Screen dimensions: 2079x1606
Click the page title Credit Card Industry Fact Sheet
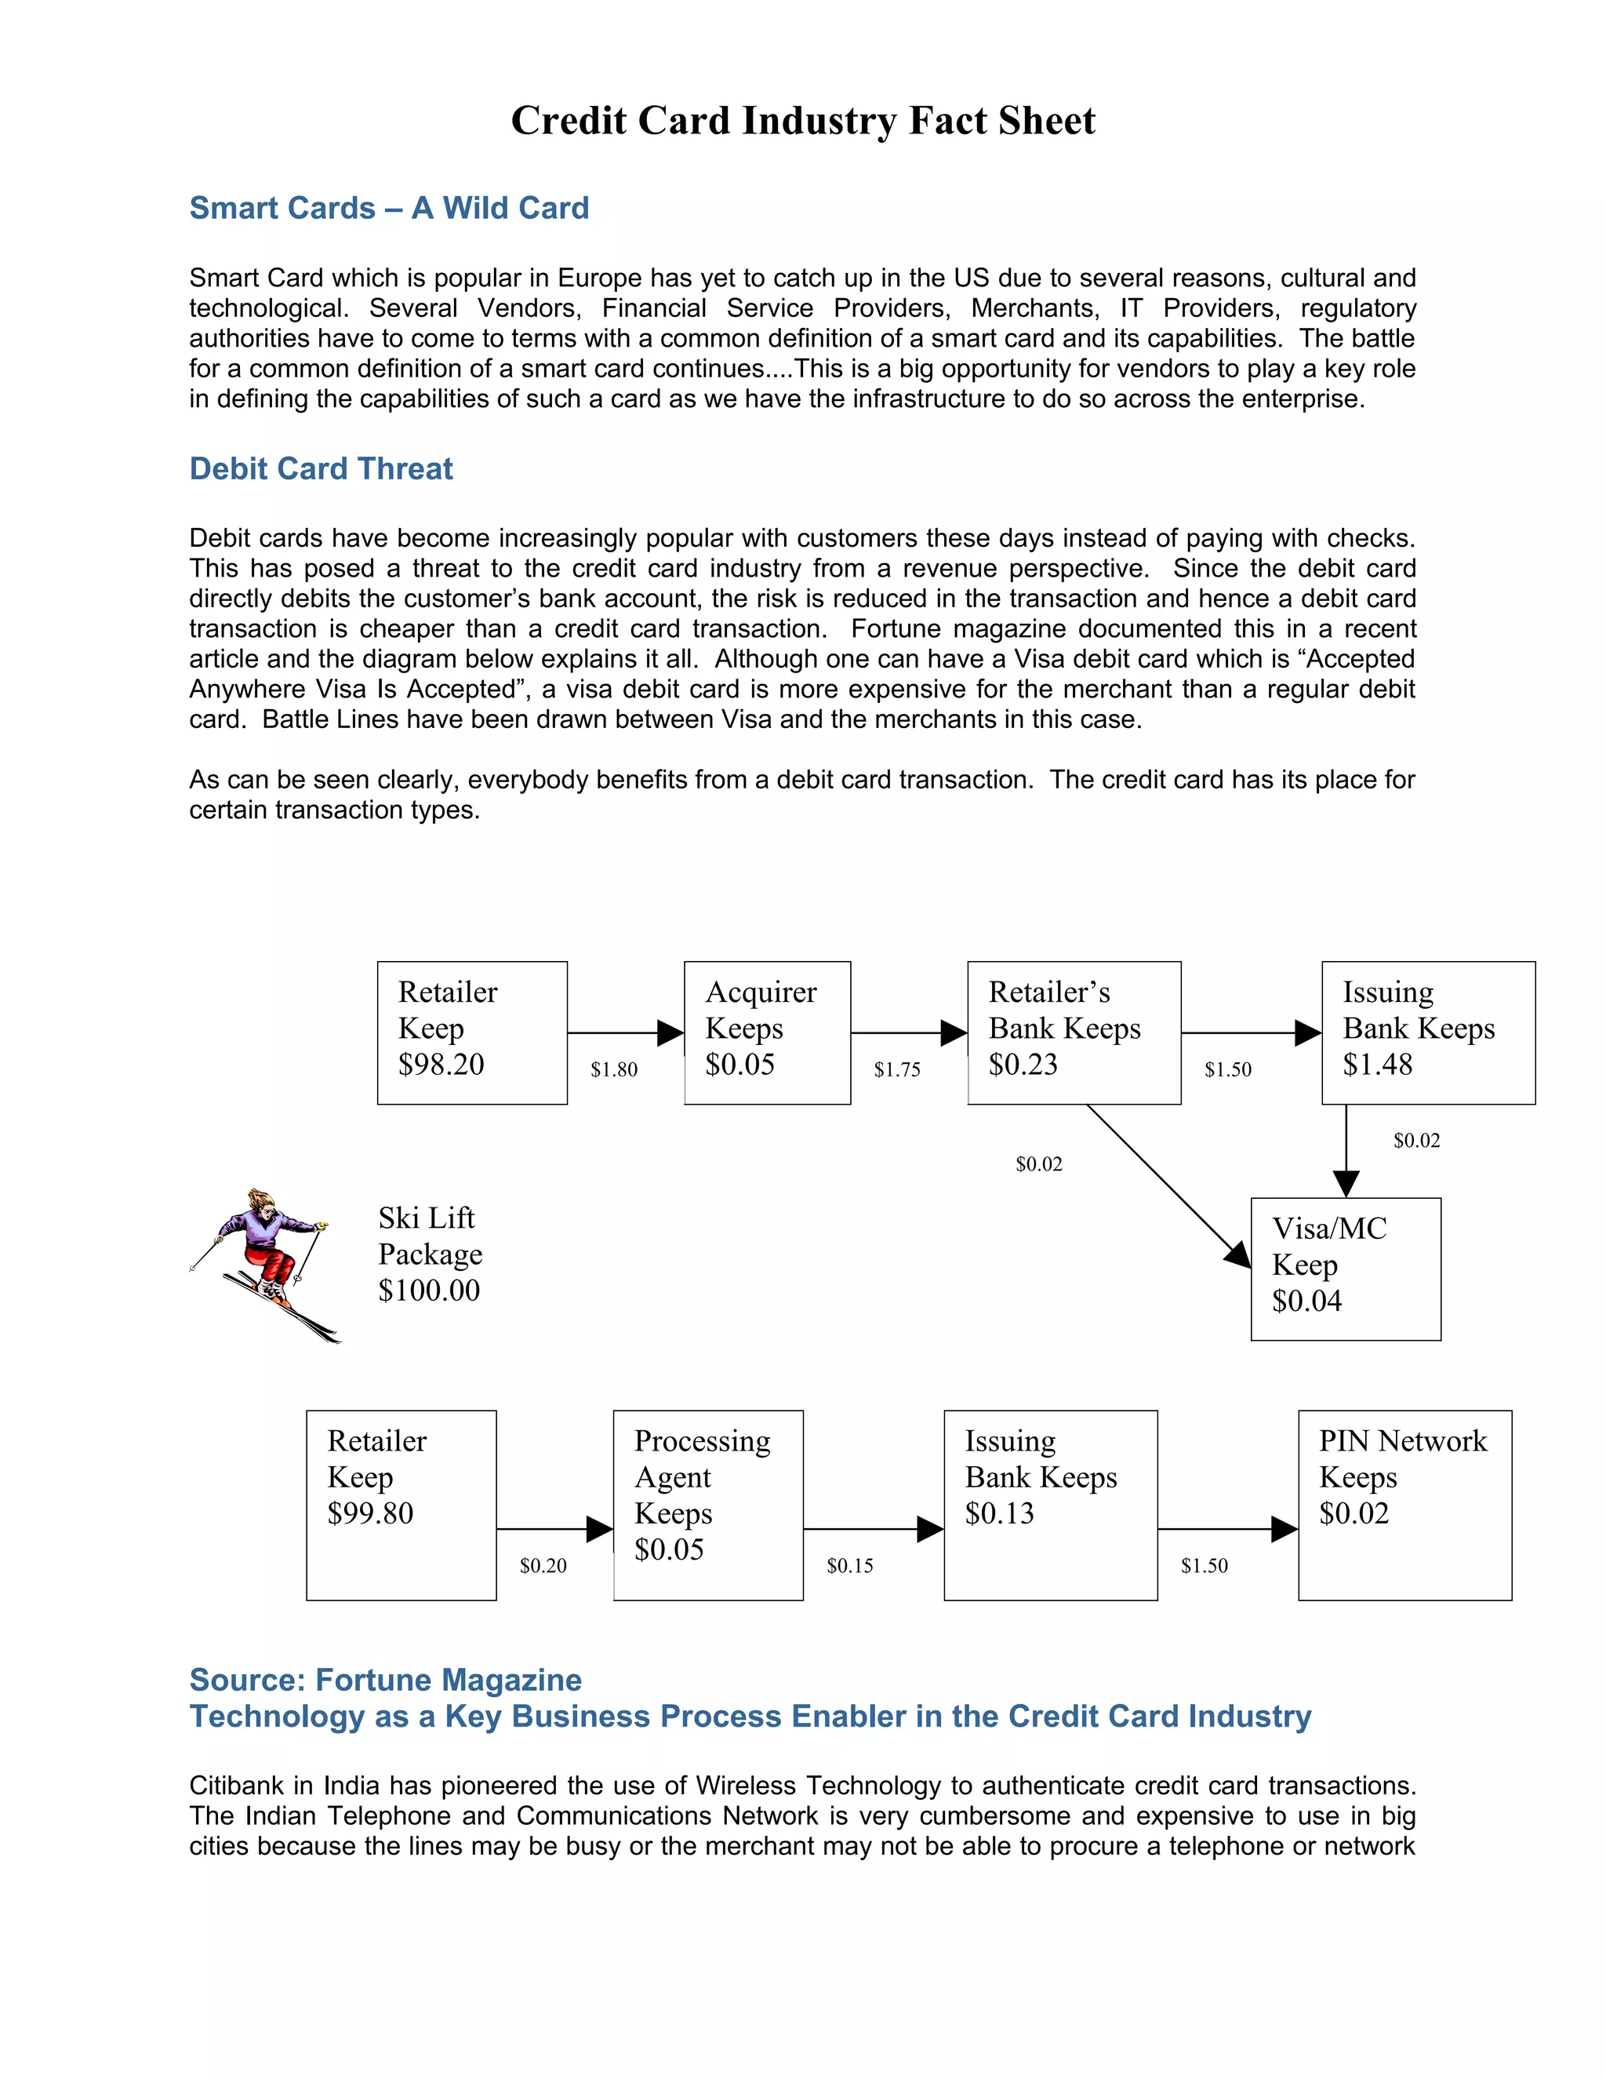[803, 121]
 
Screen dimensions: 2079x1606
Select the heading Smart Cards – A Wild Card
[389, 208]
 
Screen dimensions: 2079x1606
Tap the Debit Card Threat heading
[321, 468]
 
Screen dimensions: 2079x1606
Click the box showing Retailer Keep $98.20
[472, 1033]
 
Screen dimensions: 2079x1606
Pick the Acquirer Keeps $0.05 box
[767, 1033]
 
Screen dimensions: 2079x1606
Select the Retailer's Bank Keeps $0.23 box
[1074, 1033]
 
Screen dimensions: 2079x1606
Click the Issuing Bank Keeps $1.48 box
[1428, 1033]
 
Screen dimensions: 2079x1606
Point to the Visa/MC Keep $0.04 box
[1346, 1269]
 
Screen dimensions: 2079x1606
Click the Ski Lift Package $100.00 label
[430, 1254]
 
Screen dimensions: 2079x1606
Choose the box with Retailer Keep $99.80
[401, 1505]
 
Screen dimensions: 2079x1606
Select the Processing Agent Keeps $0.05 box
[708, 1505]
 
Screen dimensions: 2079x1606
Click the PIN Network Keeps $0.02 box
[1404, 1505]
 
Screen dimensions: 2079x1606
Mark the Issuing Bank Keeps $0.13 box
[1050, 1505]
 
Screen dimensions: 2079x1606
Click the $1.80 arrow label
[614, 1070]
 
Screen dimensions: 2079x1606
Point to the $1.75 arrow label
[897, 1070]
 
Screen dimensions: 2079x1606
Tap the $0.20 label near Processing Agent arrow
[543, 1566]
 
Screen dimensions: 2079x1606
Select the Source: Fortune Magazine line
[385, 1680]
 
